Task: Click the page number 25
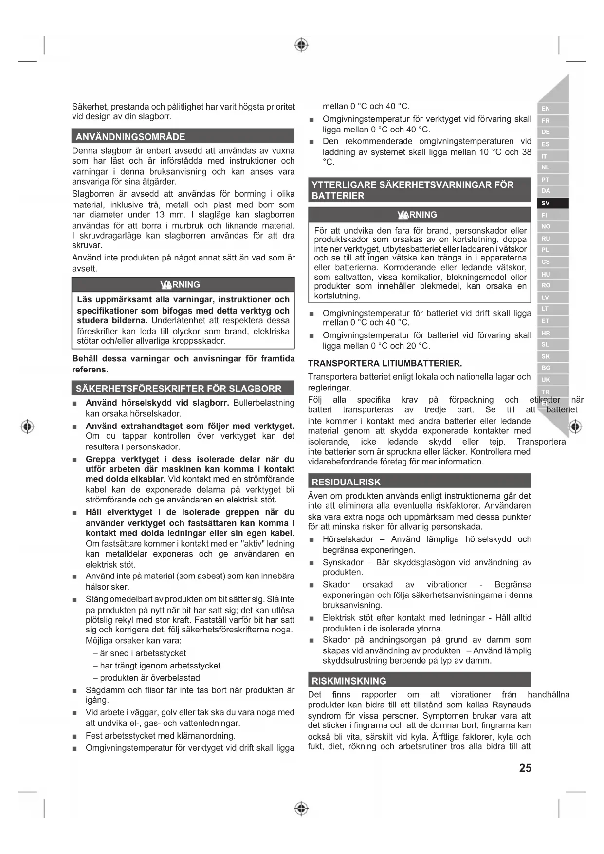pos(525,768)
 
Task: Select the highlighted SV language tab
pos(552,203)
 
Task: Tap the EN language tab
pos(552,109)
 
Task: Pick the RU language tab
pos(552,239)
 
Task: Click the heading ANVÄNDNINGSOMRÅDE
pos(130,137)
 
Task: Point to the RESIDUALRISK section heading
pos(346,482)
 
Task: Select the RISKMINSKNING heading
pos(349,681)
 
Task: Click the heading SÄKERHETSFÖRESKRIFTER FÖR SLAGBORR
pos(178,389)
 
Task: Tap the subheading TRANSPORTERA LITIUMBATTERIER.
pos(385,363)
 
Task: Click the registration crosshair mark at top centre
pos(302,45)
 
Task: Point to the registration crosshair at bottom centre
pos(302,809)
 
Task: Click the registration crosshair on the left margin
pos(28,427)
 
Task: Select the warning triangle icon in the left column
pos(165,285)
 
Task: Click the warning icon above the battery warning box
pos(403,215)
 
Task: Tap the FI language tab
pos(552,215)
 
